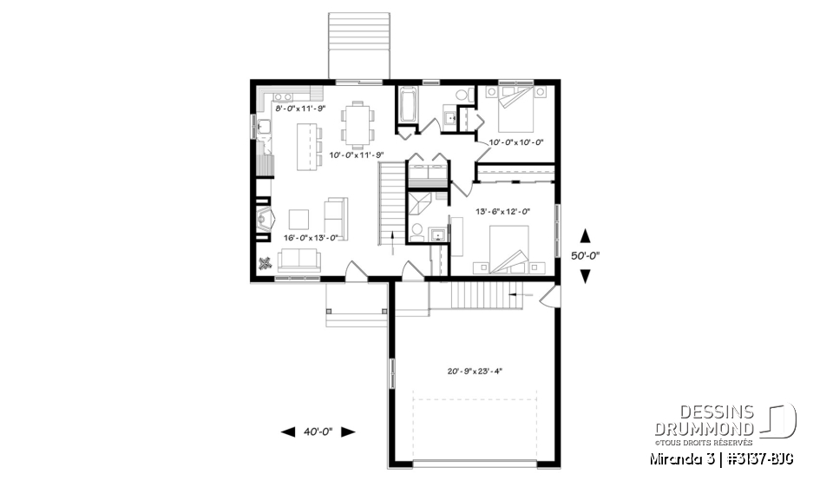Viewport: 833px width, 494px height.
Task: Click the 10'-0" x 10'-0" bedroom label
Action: [x=516, y=142]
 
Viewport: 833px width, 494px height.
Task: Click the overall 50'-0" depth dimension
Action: [x=586, y=256]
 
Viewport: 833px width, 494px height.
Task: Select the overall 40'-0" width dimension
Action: [x=318, y=431]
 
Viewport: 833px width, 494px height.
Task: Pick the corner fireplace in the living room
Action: [x=264, y=221]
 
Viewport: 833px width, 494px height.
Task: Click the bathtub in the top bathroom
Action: [x=407, y=108]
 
